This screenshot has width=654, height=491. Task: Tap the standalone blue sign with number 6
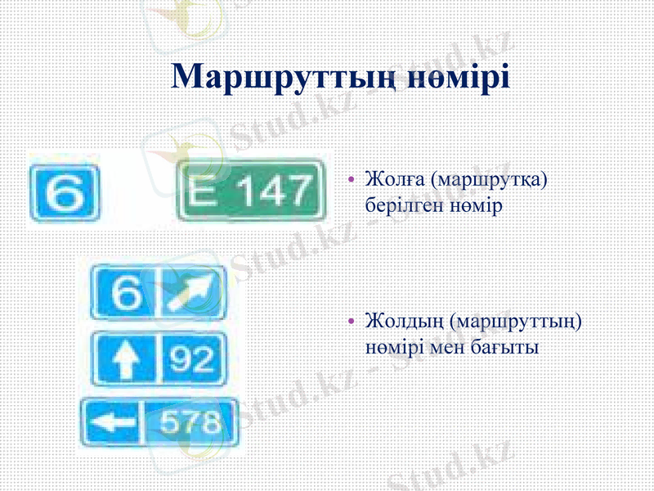pyautogui.click(x=64, y=192)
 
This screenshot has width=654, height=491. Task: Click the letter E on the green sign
pyautogui.click(x=203, y=192)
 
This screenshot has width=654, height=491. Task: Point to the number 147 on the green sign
pyautogui.click(x=269, y=192)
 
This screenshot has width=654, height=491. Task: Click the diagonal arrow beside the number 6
pyautogui.click(x=193, y=292)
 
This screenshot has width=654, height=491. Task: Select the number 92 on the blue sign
pyautogui.click(x=191, y=358)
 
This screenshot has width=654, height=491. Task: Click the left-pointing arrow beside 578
pyautogui.click(x=112, y=422)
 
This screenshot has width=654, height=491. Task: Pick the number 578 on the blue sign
pyautogui.click(x=189, y=422)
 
